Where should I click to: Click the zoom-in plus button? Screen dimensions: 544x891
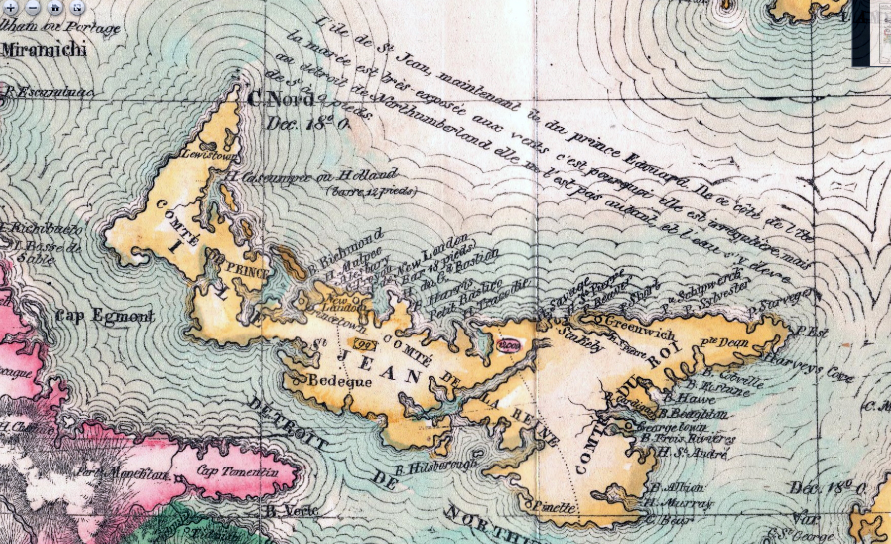tap(11, 8)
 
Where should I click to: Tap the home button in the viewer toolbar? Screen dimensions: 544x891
tap(55, 8)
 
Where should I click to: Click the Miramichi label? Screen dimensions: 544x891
tap(44, 50)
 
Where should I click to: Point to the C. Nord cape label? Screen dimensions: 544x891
tap(281, 99)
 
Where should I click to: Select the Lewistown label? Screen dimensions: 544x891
tap(209, 154)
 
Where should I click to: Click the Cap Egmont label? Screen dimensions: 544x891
tap(105, 316)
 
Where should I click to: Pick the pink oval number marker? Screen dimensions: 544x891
tap(509, 345)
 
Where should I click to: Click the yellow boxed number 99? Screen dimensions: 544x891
tap(366, 345)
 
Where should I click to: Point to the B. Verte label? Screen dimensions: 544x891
tap(292, 510)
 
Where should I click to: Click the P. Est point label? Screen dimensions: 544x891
tap(812, 333)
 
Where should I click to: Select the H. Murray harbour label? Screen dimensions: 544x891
tap(679, 503)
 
